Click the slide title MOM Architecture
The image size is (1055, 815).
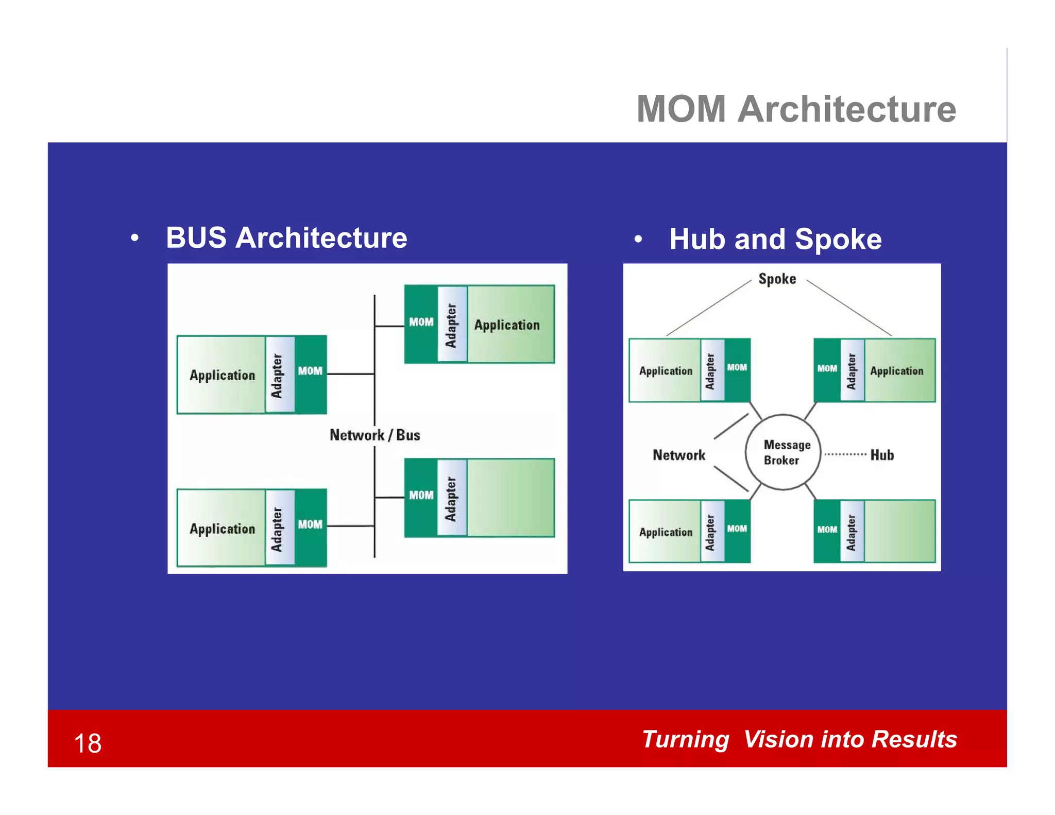796,109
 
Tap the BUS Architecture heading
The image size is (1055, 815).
286,238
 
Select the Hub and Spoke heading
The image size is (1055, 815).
775,240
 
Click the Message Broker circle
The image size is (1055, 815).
782,452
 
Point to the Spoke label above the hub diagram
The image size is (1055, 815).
777,279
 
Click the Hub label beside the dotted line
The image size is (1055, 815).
882,455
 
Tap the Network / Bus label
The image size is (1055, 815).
375,435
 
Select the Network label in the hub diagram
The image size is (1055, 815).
678,455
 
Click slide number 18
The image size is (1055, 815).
88,743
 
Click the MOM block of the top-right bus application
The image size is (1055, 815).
421,324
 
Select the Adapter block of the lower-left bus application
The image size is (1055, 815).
280,528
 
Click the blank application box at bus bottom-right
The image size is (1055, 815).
511,498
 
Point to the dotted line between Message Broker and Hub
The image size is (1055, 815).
845,454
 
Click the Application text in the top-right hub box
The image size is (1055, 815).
896,371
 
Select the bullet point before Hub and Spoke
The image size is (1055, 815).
638,240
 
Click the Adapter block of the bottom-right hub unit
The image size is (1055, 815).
852,532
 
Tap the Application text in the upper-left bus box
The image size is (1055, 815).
222,376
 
